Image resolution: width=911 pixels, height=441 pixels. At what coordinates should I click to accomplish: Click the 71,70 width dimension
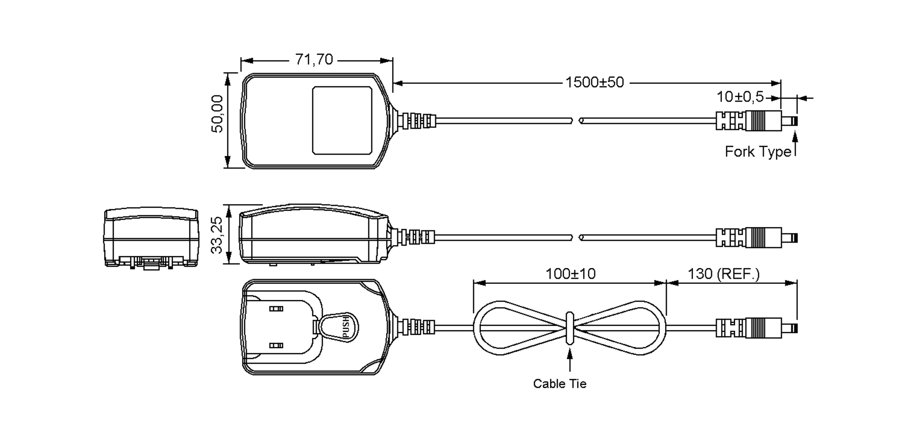[x=314, y=60]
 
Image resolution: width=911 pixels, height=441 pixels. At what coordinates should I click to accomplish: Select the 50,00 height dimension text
[x=217, y=113]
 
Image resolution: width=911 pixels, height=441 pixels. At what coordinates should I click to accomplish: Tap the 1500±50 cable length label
[x=594, y=82]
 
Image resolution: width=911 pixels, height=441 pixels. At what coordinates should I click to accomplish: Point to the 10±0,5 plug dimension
[x=740, y=97]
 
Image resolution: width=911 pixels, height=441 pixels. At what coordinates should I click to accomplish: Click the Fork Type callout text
[x=758, y=152]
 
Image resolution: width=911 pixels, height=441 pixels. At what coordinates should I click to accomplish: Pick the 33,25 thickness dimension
[x=217, y=235]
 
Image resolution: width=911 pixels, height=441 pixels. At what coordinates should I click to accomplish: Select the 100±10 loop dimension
[x=570, y=274]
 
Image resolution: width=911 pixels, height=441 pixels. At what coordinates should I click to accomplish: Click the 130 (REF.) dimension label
[x=723, y=274]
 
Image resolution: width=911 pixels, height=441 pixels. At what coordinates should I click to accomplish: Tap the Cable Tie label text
[x=560, y=384]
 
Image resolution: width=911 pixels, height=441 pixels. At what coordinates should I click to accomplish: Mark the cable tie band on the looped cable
[x=570, y=328]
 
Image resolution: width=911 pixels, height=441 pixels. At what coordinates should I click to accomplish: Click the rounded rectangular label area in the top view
[x=342, y=120]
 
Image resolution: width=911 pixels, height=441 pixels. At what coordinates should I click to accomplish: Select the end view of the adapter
[x=151, y=238]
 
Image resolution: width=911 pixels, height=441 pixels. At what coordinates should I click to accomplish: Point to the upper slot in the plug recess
[x=276, y=309]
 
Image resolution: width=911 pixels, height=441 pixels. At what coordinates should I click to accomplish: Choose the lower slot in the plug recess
[x=276, y=345]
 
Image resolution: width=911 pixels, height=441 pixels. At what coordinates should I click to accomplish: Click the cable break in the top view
[x=576, y=121]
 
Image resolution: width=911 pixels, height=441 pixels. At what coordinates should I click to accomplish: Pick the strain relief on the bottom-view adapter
[x=418, y=327]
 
